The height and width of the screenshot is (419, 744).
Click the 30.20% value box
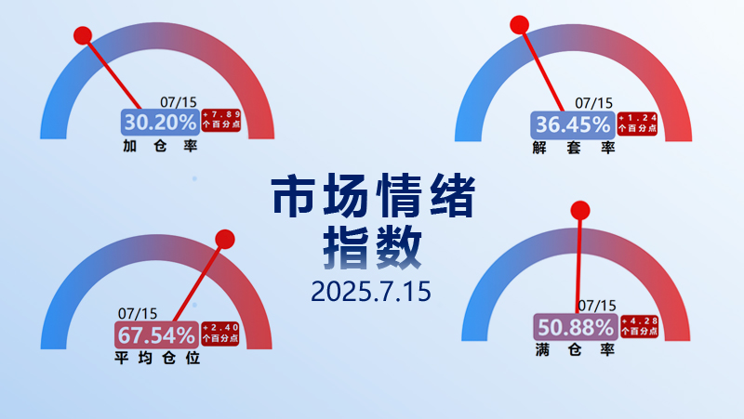[160, 123]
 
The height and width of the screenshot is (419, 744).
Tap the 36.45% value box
[573, 125]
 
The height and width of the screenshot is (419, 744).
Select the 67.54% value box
[156, 335]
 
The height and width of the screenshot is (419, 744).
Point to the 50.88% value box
[576, 327]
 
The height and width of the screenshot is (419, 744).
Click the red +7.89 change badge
[221, 120]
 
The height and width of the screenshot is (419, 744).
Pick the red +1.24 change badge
[637, 124]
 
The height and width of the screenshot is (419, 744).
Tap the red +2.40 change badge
[220, 334]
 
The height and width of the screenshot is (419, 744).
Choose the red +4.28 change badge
[639, 327]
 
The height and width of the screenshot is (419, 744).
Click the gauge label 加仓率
[160, 146]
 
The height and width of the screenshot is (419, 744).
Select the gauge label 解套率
[574, 148]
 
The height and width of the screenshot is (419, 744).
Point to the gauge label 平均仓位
[157, 358]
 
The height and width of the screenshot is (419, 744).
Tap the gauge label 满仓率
[575, 350]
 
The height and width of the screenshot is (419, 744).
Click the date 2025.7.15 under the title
[371, 291]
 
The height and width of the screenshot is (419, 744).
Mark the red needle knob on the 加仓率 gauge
[83, 35]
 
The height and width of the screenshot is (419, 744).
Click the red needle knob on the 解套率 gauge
[520, 25]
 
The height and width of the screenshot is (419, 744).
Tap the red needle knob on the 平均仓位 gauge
[225, 240]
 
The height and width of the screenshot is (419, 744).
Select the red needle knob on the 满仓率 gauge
[580, 211]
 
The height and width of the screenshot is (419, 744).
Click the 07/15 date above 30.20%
[179, 102]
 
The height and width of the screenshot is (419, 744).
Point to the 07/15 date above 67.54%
[138, 313]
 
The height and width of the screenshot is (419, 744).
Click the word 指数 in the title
[373, 247]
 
